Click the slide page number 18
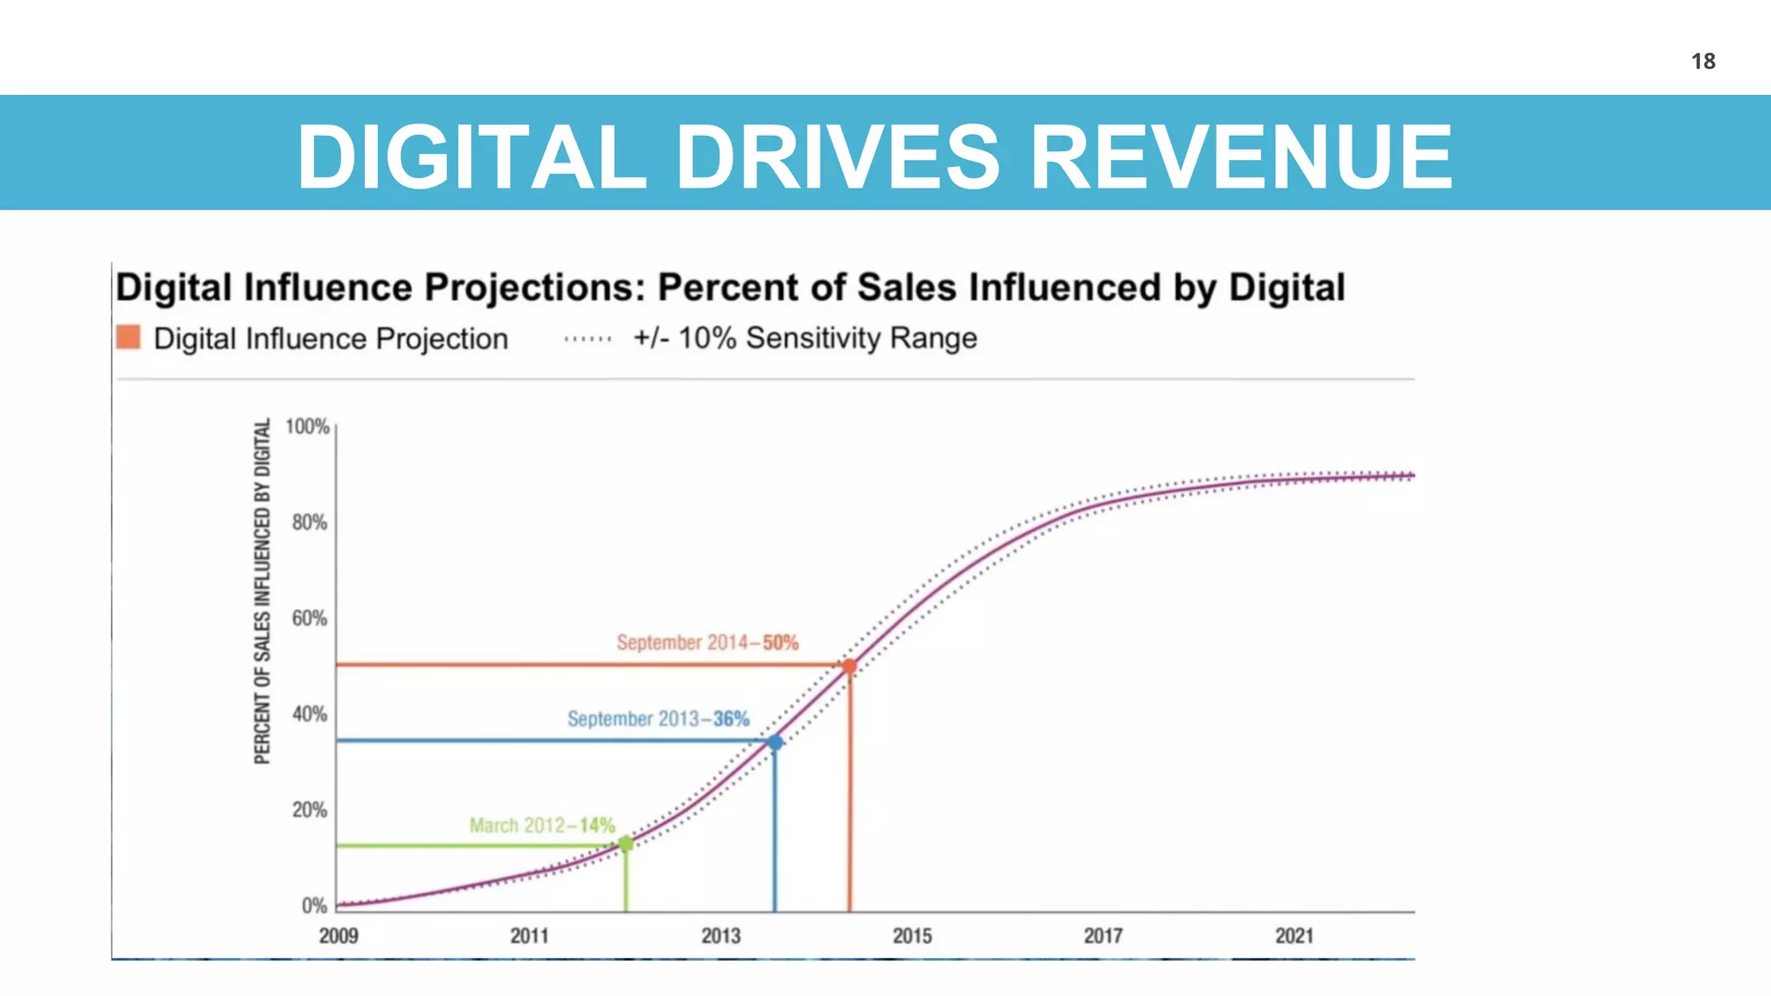1703,61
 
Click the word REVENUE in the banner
1242,156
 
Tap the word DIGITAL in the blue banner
472,156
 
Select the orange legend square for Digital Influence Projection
128,337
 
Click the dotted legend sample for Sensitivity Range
588,339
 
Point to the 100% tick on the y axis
308,427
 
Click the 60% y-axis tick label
309,618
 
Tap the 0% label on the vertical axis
314,905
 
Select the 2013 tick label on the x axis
720,935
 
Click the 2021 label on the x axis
1294,935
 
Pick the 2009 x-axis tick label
338,935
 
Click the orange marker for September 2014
849,667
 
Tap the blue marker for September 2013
775,742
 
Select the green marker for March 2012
626,844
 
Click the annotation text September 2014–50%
706,642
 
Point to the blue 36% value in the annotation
732,718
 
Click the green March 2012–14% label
541,825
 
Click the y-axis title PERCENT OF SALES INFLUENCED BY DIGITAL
262,592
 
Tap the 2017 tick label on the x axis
1103,935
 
